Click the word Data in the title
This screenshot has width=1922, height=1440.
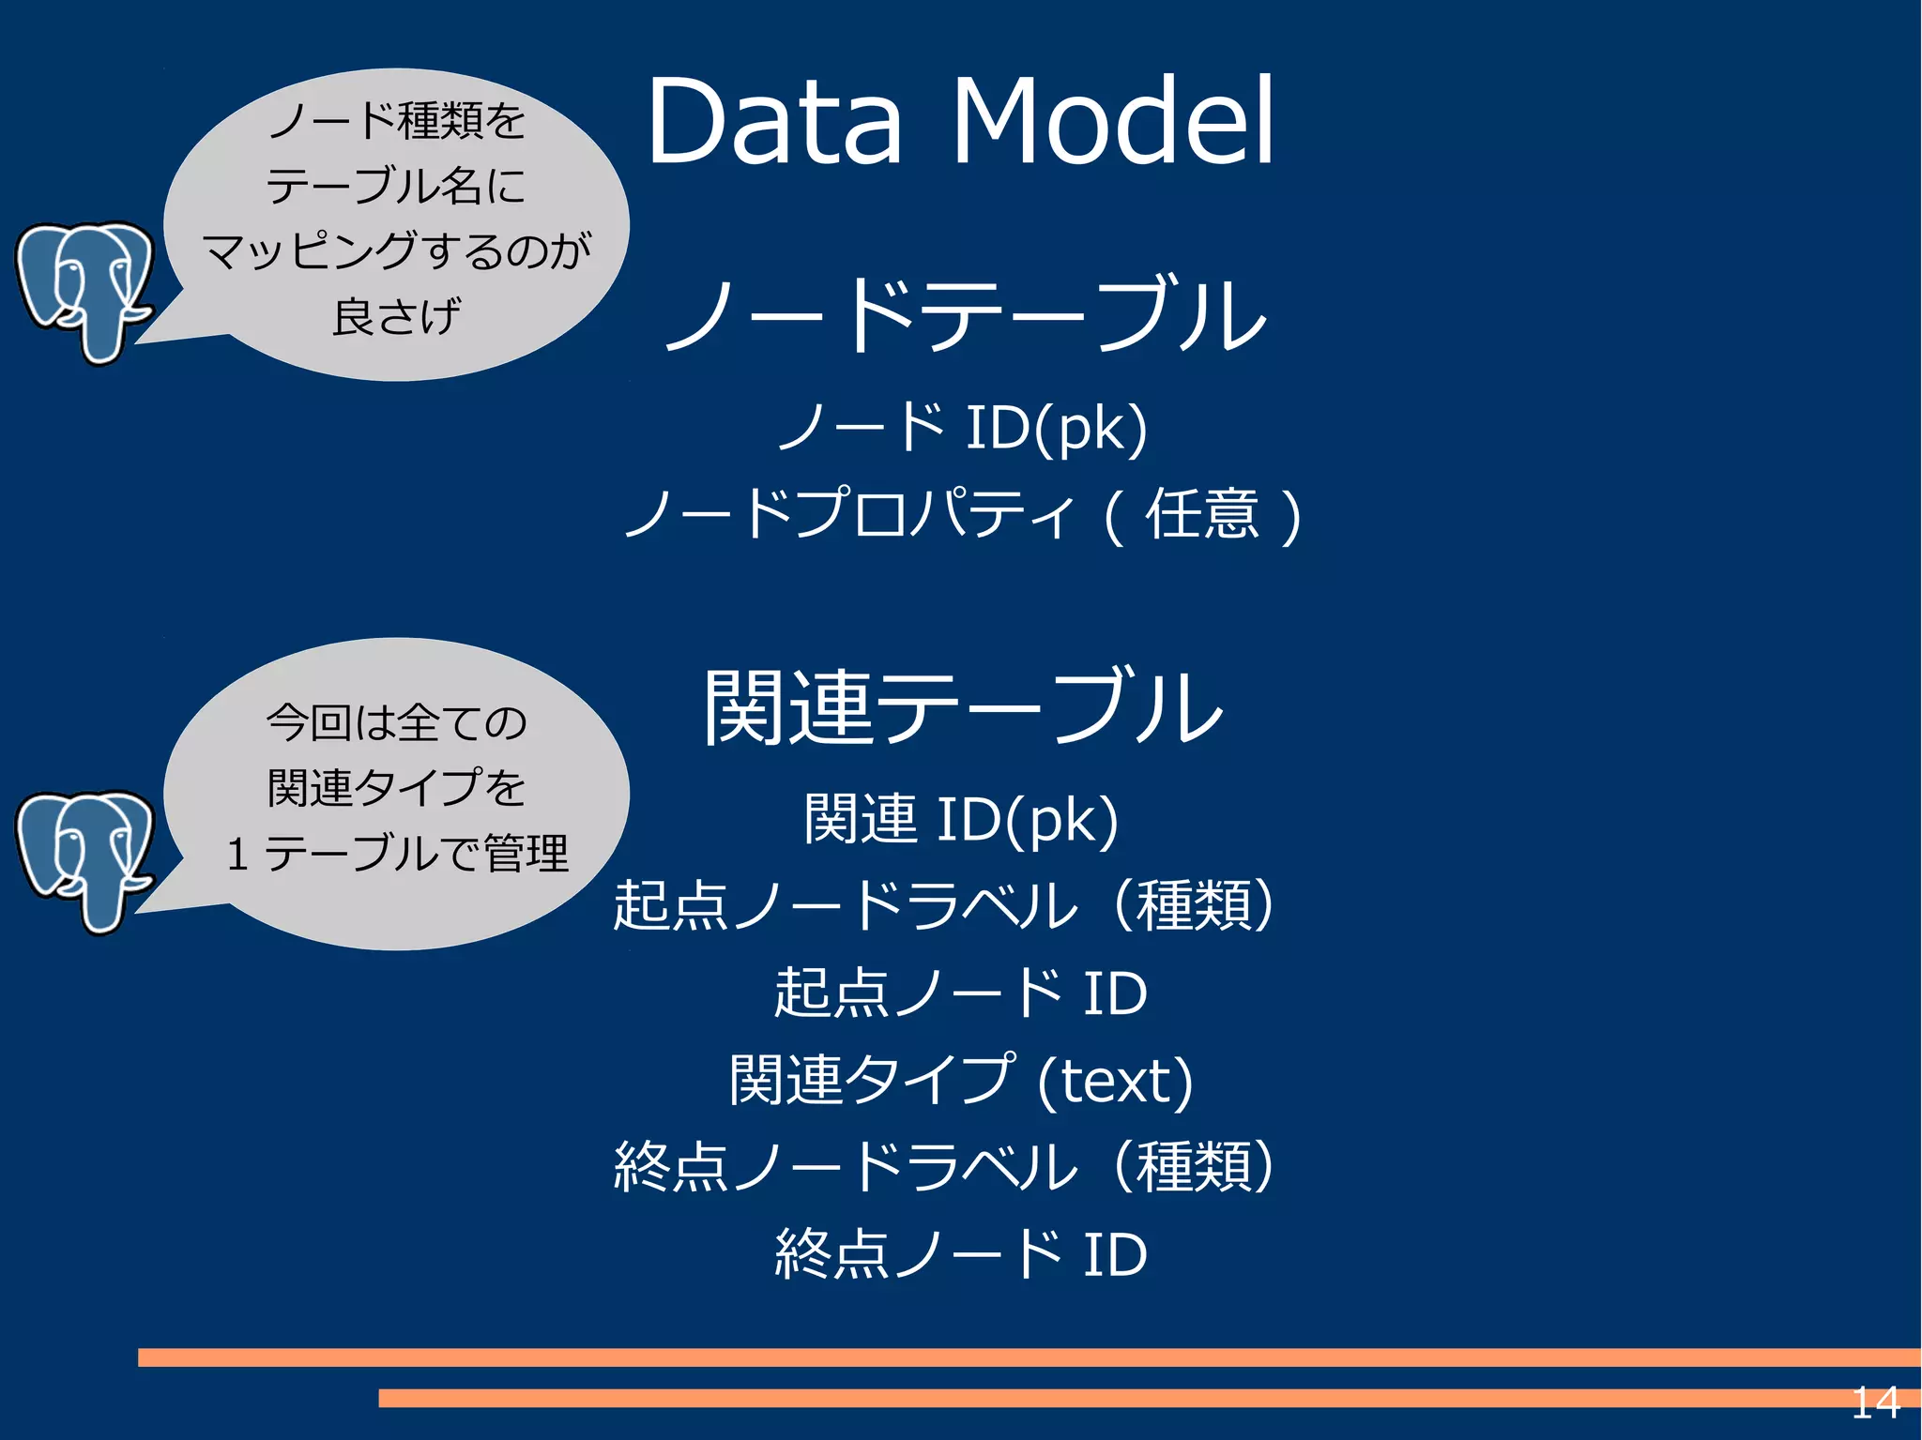point(773,122)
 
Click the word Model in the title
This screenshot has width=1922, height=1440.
point(1113,122)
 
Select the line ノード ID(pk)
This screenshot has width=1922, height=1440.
point(962,428)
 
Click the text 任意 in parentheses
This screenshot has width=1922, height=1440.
point(1201,514)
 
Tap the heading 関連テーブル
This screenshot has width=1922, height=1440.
point(964,708)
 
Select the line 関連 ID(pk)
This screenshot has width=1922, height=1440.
point(962,819)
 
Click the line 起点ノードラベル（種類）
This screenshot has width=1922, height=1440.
point(943,905)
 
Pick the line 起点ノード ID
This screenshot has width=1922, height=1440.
point(960,993)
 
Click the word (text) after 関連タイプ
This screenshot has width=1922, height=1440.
point(1115,1081)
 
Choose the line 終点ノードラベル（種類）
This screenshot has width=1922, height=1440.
point(943,1167)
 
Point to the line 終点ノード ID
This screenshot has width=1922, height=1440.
point(960,1254)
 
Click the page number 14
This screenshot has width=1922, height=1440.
point(1874,1403)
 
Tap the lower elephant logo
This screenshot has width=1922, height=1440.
point(84,858)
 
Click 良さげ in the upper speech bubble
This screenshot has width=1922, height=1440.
point(396,316)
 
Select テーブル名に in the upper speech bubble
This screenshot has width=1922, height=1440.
point(396,185)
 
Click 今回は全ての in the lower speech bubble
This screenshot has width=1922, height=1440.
point(396,722)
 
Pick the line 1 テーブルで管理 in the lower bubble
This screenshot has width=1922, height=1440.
point(396,854)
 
